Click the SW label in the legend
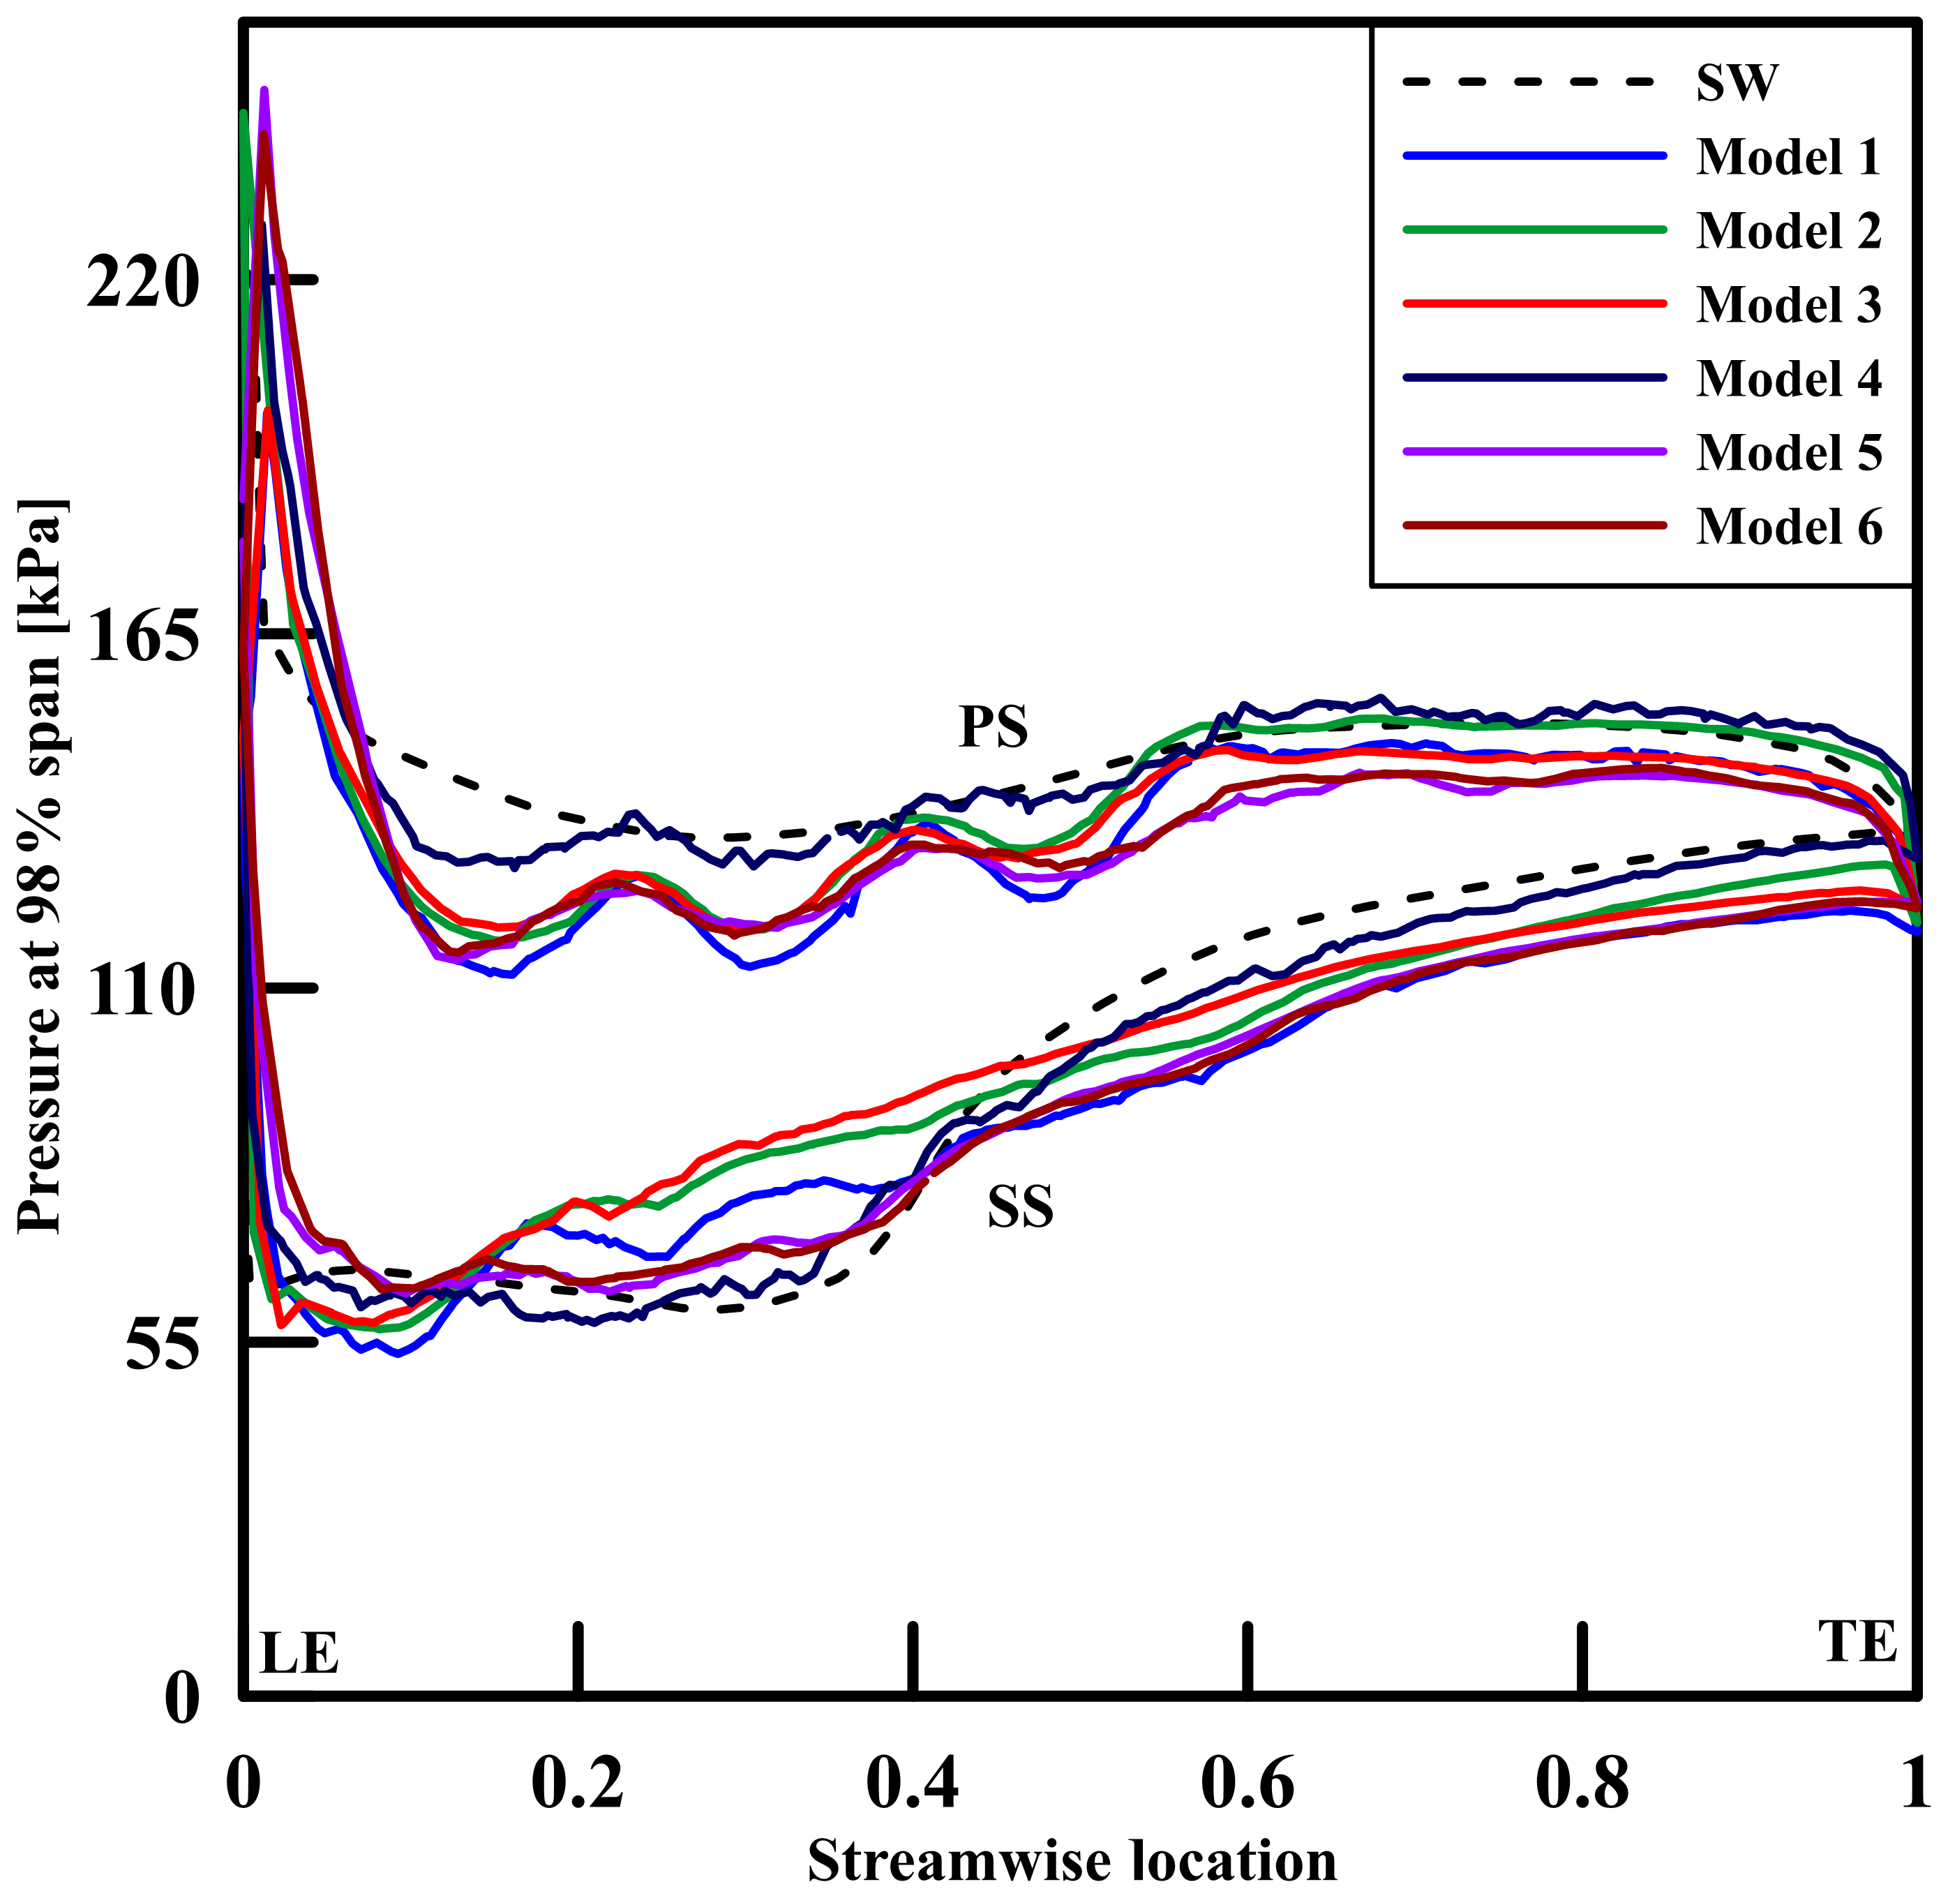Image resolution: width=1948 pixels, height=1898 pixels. pos(1736,83)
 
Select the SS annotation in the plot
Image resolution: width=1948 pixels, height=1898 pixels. pos(1020,1207)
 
